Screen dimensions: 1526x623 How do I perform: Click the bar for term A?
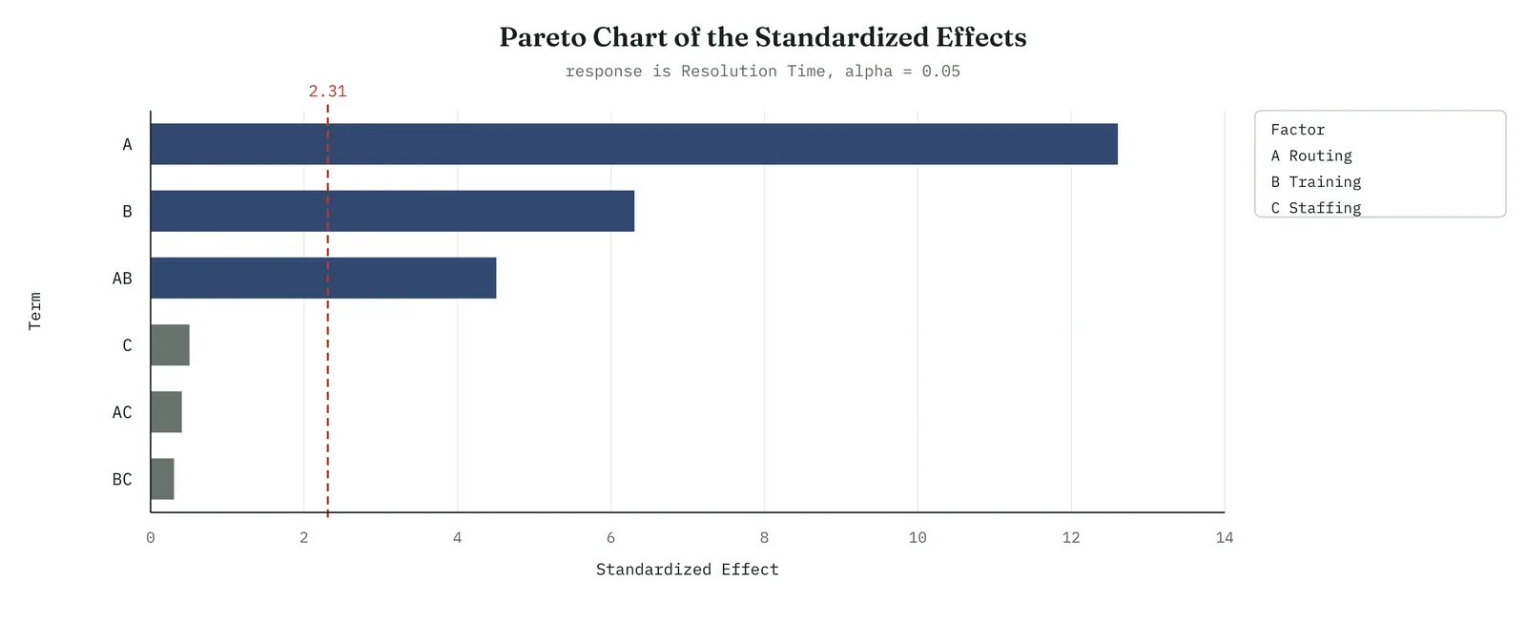[x=633, y=144]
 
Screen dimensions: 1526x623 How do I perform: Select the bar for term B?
[x=392, y=211]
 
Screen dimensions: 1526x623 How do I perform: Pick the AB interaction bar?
[x=323, y=278]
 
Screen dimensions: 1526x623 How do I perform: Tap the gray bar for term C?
[x=171, y=345]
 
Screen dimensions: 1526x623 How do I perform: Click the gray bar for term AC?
[x=166, y=412]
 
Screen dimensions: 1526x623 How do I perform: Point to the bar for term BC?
[x=162, y=479]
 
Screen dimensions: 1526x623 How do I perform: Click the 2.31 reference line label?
[x=328, y=92]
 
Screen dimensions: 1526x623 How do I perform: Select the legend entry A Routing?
[x=1311, y=156]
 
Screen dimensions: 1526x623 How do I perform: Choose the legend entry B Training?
[x=1316, y=182]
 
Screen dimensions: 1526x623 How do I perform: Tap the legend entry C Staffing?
[x=1316, y=208]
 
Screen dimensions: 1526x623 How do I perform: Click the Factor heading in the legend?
[x=1298, y=130]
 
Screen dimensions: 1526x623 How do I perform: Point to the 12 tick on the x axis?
[x=1071, y=538]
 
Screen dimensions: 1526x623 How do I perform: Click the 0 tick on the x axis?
[x=151, y=538]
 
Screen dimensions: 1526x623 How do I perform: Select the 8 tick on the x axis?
[x=764, y=538]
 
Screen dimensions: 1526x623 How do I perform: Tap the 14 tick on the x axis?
[x=1225, y=538]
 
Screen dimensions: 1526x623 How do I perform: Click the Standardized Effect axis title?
[x=688, y=570]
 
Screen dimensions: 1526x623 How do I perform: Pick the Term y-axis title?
[x=34, y=311]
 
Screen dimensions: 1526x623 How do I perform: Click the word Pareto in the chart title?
[x=543, y=37]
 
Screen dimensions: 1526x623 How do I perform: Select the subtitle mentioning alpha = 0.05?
[x=763, y=72]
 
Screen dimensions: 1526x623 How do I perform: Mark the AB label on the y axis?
[x=122, y=278]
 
